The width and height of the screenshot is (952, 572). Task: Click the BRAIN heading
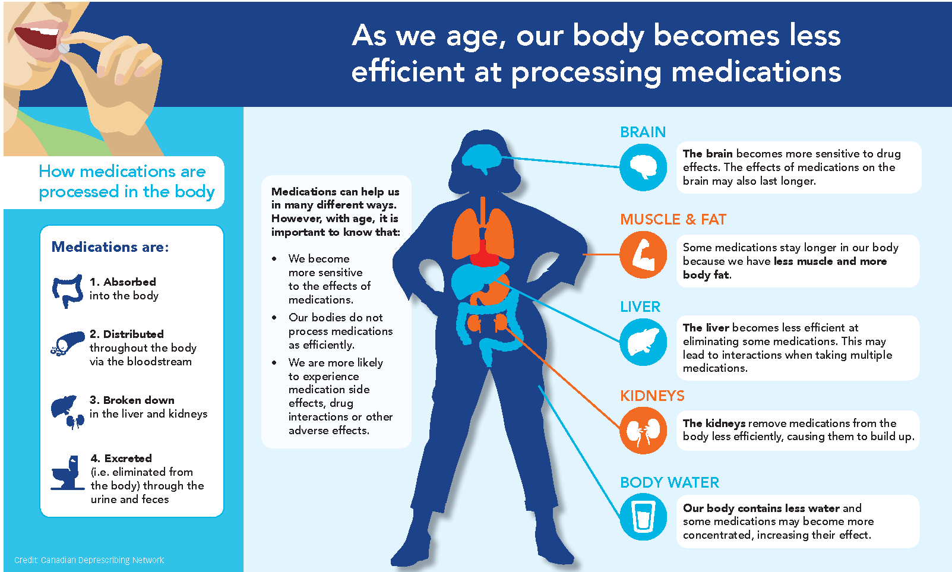pos(643,132)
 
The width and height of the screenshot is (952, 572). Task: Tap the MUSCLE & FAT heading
pos(673,219)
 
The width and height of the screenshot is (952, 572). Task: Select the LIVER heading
pos(640,306)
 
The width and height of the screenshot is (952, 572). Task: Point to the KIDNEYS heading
pos(652,396)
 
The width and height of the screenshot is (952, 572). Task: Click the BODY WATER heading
pos(669,483)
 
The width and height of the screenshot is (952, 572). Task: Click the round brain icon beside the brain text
pos(643,168)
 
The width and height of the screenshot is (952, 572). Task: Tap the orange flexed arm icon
pos(643,255)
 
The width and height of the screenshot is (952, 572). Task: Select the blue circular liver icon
pos(643,342)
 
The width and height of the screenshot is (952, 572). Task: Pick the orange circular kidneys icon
pos(643,431)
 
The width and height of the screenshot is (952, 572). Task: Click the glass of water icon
pos(643,517)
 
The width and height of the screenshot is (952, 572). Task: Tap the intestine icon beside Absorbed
pos(67,290)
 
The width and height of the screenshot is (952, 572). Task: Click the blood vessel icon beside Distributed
pos(67,343)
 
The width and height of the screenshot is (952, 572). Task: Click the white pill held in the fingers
pos(64,48)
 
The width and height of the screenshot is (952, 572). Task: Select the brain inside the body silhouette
pos(482,158)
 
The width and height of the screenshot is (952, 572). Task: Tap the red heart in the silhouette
pos(483,255)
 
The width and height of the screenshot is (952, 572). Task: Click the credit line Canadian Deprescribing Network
pos(89,560)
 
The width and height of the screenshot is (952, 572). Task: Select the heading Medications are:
pos(110,247)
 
